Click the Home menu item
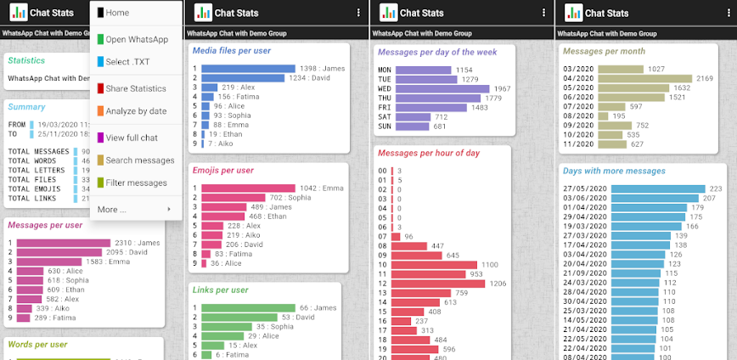coord(117,13)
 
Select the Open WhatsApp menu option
coord(136,39)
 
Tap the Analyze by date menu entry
coord(136,110)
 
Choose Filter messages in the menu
coord(136,183)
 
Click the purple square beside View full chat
coord(100,138)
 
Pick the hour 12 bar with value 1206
coord(441,284)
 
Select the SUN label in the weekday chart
coord(384,127)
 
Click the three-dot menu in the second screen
coord(358,13)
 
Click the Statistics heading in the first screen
coord(26,60)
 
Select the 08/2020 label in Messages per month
coord(577,115)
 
